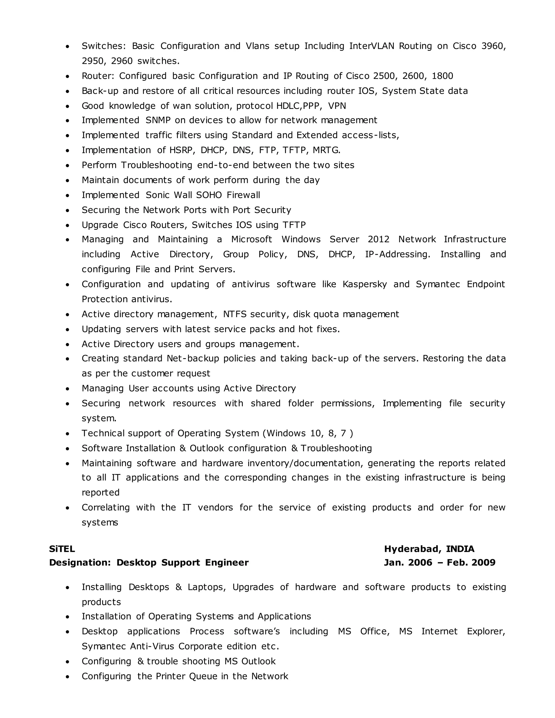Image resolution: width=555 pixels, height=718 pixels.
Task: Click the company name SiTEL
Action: click(62, 549)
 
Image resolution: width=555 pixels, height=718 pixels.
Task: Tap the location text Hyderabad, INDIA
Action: click(429, 549)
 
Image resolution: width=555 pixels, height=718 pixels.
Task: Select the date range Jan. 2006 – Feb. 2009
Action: click(439, 562)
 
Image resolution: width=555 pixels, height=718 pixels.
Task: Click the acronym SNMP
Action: click(158, 120)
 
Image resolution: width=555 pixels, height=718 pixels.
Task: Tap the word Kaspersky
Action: click(365, 284)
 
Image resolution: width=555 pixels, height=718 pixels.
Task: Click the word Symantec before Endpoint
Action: click(438, 284)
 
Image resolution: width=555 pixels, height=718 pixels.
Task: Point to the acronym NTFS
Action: click(235, 314)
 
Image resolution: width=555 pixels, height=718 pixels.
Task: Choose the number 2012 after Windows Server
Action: click(378, 239)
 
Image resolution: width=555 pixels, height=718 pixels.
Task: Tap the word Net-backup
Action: click(193, 358)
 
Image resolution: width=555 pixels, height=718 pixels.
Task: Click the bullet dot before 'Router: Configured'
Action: click(67, 76)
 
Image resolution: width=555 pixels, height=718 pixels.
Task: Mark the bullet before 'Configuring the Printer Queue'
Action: click(67, 677)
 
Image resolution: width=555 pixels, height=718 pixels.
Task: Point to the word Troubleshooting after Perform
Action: click(157, 165)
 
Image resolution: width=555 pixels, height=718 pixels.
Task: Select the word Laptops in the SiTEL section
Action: click(206, 587)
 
